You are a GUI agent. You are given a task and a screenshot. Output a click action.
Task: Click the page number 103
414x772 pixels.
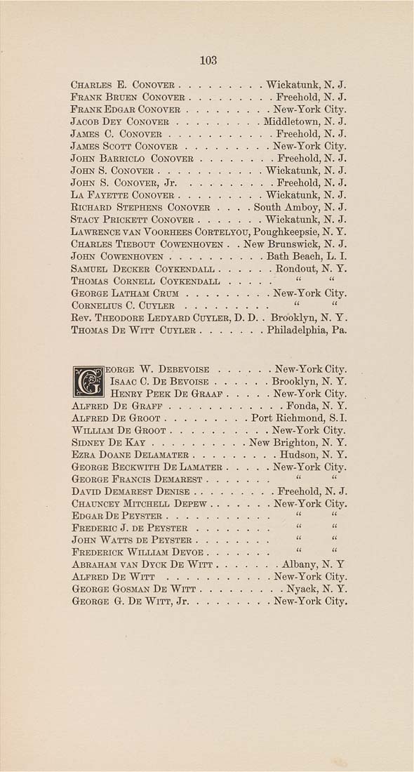(208, 60)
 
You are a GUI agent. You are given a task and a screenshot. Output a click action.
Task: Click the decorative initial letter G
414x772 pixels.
(88, 381)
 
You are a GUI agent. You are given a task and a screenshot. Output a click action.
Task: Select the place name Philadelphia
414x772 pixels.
(296, 330)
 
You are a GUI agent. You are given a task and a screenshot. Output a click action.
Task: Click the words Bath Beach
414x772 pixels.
(291, 256)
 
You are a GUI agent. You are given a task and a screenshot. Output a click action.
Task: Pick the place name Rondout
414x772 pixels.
(295, 269)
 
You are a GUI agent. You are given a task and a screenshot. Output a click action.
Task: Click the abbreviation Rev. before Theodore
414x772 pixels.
(81, 318)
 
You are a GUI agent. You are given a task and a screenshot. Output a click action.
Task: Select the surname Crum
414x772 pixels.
(175, 293)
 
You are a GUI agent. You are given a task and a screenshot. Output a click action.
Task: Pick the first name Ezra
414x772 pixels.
(83, 455)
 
